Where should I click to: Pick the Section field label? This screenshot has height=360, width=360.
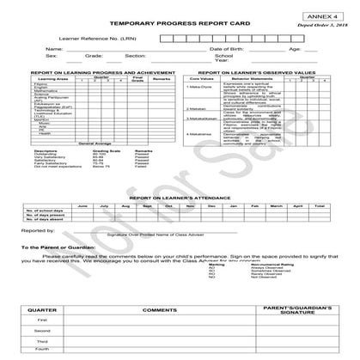(135, 58)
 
